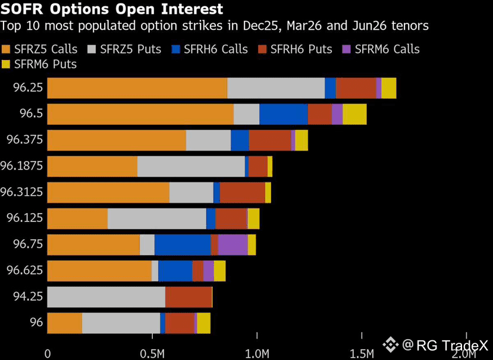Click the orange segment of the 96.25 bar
[137, 87]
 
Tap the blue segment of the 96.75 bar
[182, 245]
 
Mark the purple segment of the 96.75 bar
[233, 245]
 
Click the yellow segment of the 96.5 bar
[354, 114]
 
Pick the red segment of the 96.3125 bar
[242, 192]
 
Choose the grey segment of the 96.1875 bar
[191, 166]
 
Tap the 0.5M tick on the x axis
[152, 354]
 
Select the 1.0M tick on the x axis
[257, 354]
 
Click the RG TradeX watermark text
[451, 345]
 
